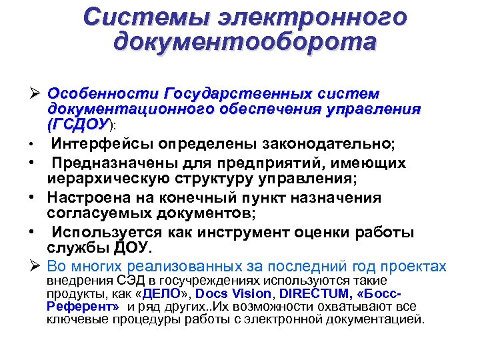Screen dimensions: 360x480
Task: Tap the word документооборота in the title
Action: (x=245, y=42)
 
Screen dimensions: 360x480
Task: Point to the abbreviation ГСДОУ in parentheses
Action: (x=79, y=124)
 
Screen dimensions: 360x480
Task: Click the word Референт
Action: (x=83, y=307)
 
